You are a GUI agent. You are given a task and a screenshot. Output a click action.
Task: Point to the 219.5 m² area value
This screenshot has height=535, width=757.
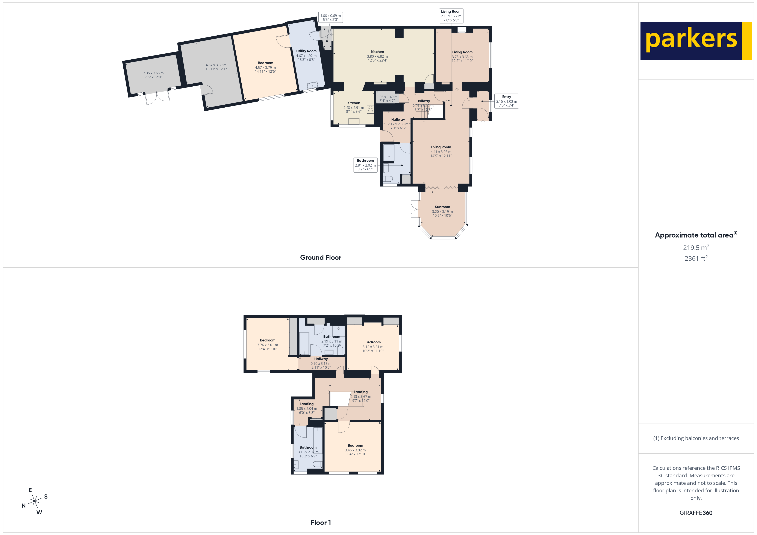tap(696, 247)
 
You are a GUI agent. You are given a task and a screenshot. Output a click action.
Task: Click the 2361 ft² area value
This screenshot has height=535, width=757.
tap(696, 258)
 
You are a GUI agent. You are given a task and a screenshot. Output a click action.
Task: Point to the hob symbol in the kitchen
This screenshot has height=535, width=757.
tap(370, 109)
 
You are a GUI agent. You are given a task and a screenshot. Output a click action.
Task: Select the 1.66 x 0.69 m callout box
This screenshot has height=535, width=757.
tap(330, 17)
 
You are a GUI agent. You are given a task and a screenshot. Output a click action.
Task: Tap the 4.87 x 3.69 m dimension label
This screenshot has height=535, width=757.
tap(216, 67)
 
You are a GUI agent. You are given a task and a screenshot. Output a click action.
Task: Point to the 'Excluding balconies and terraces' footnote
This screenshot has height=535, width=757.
tap(696, 438)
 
